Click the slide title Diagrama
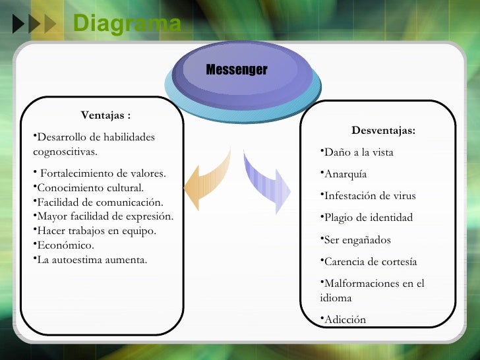coord(127,24)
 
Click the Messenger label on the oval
coord(237,70)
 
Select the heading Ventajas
coord(105,115)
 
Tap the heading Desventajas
coord(383,131)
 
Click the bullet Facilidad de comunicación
coord(100,202)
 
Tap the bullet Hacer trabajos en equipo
coord(96,231)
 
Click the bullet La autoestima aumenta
coord(92,259)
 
